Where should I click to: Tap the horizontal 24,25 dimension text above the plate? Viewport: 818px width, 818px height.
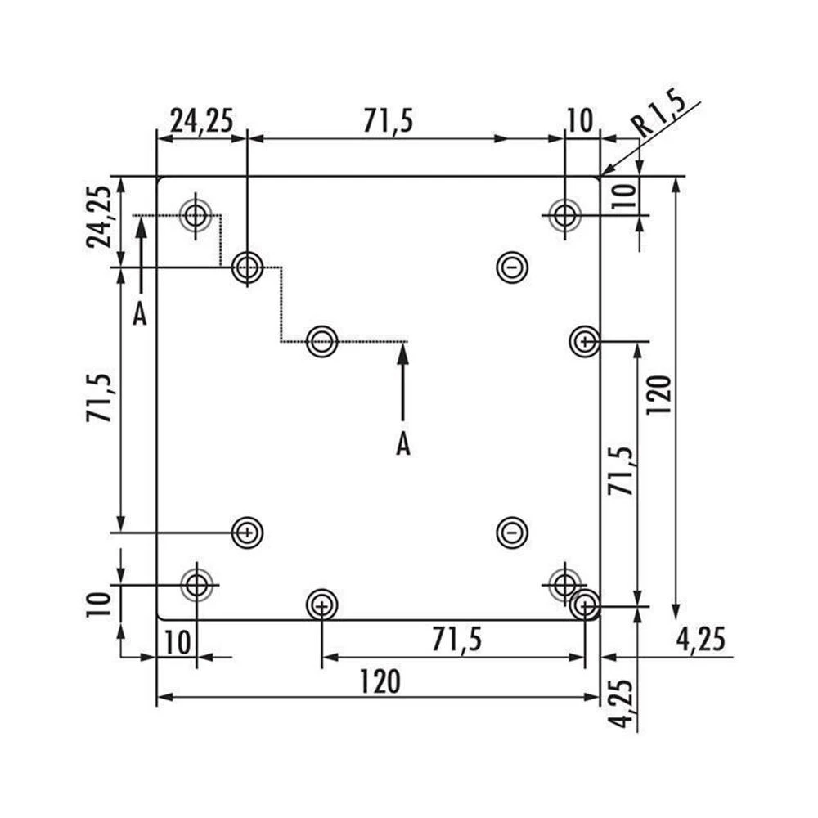pos(201,121)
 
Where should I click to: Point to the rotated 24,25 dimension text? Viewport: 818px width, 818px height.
pos(100,217)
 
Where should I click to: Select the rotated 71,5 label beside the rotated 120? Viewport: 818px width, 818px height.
pos(621,470)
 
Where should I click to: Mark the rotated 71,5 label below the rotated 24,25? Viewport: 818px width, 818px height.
pos(100,398)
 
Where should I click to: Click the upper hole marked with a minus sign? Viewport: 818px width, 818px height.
pos(511,267)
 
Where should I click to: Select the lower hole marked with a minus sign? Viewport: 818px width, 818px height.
pos(511,533)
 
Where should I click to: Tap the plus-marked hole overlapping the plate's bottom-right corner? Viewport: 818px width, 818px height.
pos(584,606)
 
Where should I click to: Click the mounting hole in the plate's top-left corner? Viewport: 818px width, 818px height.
pos(196,216)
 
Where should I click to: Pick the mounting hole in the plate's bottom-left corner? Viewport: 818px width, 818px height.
pos(196,585)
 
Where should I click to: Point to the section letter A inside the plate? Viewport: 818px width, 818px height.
pos(402,444)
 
